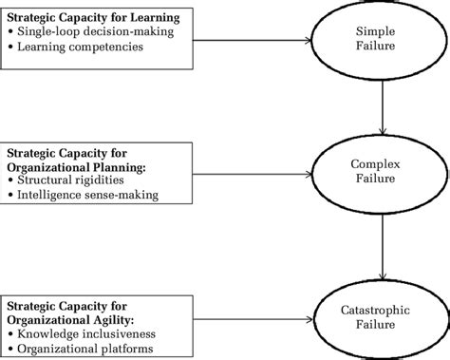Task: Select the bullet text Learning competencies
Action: [x=79, y=45]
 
